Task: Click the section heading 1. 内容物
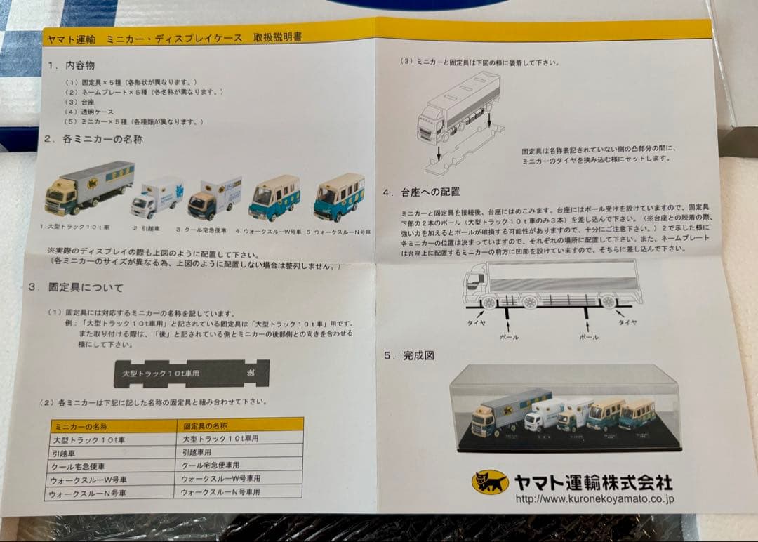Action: pyautogui.click(x=72, y=65)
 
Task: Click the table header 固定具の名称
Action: pyautogui.click(x=205, y=425)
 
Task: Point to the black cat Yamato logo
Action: pyautogui.click(x=489, y=482)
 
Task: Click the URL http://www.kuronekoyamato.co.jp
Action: pyautogui.click(x=594, y=499)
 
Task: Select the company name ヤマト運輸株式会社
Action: pyautogui.click(x=593, y=482)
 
